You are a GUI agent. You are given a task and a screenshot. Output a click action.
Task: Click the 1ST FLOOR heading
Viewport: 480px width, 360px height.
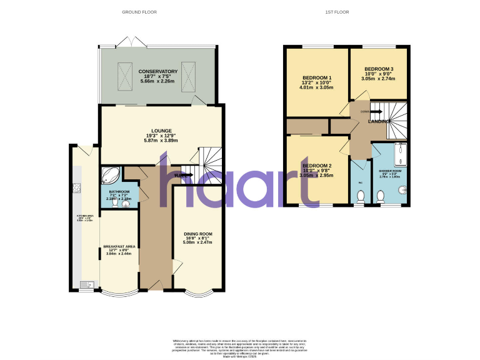pyautogui.click(x=337, y=12)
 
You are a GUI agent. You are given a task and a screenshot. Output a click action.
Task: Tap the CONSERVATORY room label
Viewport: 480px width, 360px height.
pyautogui.click(x=158, y=71)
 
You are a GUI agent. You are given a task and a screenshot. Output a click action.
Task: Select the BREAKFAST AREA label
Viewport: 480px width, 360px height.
pyautogui.click(x=119, y=246)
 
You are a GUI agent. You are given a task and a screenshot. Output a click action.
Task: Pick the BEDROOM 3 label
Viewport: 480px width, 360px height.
pyautogui.click(x=379, y=69)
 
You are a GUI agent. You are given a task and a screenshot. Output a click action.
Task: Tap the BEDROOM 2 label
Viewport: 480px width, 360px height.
pyautogui.click(x=317, y=166)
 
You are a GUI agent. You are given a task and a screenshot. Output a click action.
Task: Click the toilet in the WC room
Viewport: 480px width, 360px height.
pyautogui.click(x=359, y=197)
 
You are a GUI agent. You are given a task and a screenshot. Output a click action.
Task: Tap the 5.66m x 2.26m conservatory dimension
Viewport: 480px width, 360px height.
pyautogui.click(x=158, y=81)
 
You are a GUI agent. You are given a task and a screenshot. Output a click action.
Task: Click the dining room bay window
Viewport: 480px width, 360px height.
pyautogui.click(x=197, y=294)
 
